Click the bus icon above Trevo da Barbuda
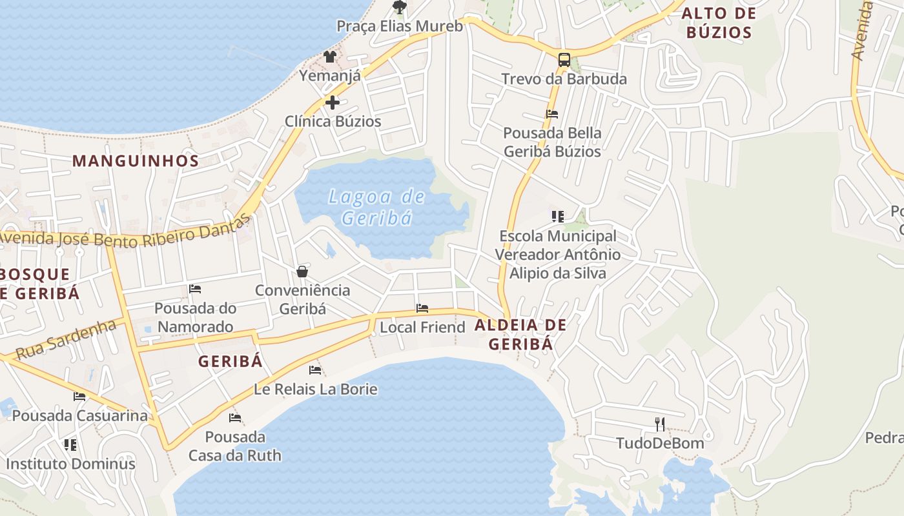pyautogui.click(x=564, y=60)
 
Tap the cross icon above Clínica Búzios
pyautogui.click(x=333, y=103)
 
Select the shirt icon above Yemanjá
pyautogui.click(x=330, y=56)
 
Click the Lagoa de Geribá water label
pyautogui.click(x=377, y=207)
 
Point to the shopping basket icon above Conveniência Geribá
pyautogui.click(x=302, y=272)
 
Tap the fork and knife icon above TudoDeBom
pyautogui.click(x=659, y=424)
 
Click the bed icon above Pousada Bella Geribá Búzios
pyautogui.click(x=552, y=114)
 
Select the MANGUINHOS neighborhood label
pyautogui.click(x=135, y=161)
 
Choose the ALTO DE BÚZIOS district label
pyautogui.click(x=719, y=23)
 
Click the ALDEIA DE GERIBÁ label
pyautogui.click(x=520, y=334)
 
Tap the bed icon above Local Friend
pyautogui.click(x=422, y=308)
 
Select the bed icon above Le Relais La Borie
pyautogui.click(x=315, y=370)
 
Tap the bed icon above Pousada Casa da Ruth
pyautogui.click(x=235, y=418)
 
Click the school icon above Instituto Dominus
pyautogui.click(x=70, y=444)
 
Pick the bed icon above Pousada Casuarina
pyautogui.click(x=79, y=396)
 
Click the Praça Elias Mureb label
pyautogui.click(x=400, y=26)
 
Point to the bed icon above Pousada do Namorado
pyautogui.click(x=195, y=289)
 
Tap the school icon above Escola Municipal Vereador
pyautogui.click(x=558, y=217)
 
